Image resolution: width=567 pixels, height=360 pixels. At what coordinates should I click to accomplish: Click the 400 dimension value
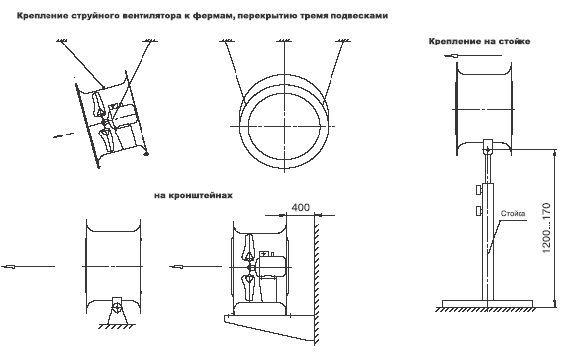300,207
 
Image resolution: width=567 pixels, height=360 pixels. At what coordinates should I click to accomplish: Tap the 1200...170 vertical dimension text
546,228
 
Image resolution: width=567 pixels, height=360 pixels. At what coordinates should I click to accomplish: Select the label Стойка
513,213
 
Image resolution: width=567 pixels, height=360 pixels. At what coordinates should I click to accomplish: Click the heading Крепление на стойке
480,41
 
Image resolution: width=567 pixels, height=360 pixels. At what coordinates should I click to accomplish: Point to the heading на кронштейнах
194,195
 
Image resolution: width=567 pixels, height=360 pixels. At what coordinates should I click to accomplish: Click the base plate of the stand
488,303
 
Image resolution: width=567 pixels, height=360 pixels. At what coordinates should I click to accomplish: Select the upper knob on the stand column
479,189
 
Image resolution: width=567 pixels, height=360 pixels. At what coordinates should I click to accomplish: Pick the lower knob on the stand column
479,210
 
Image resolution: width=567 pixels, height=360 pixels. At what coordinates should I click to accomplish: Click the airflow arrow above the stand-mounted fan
473,56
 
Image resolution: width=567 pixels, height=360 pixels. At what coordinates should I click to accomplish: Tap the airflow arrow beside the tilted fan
64,135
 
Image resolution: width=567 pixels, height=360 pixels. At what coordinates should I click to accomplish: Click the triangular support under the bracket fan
116,312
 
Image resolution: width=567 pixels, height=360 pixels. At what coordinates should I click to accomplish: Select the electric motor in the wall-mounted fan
271,265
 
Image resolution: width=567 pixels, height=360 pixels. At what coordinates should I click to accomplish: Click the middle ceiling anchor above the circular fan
285,41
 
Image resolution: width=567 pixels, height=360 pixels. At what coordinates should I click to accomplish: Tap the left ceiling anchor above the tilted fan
62,40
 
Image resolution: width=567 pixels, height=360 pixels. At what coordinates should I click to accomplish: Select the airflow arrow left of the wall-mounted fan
195,267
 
